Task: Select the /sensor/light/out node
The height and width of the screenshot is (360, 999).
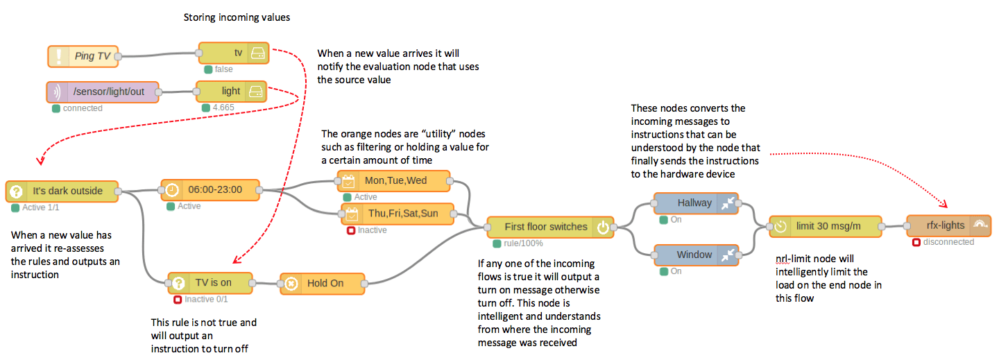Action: tap(103, 92)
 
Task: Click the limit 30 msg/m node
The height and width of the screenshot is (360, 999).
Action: tap(825, 226)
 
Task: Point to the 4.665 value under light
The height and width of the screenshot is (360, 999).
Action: tap(223, 108)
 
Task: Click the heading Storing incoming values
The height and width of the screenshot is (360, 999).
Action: tap(237, 18)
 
